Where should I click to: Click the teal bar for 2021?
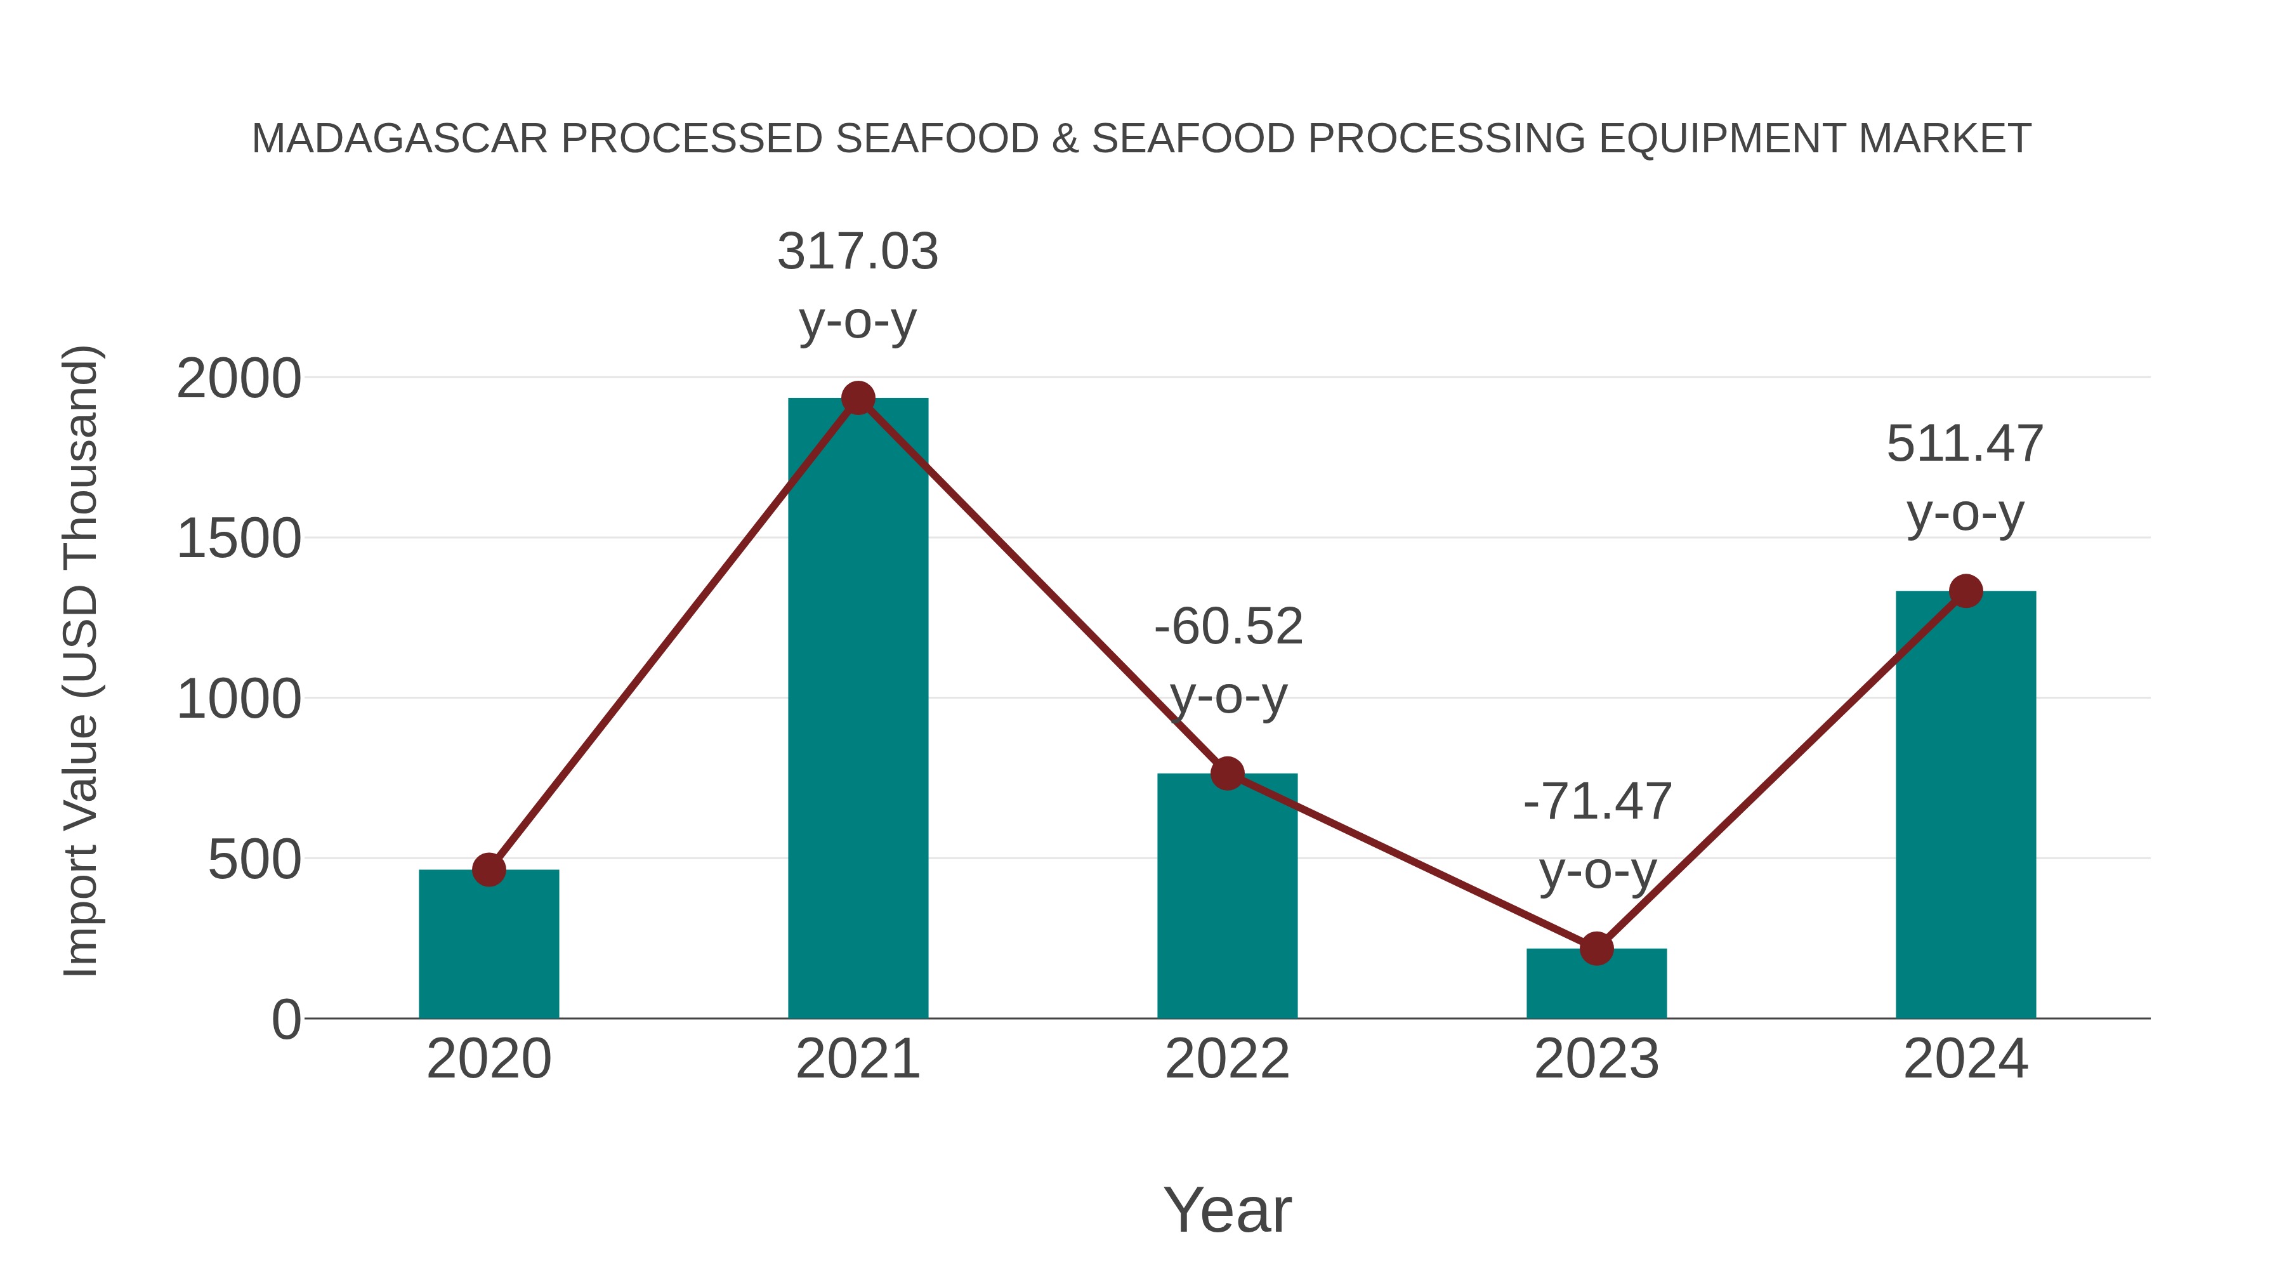(x=857, y=709)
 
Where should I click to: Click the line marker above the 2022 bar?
(x=1227, y=774)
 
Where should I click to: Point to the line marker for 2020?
(x=489, y=870)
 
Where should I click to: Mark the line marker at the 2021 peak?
(x=857, y=398)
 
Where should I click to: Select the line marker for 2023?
(x=1596, y=949)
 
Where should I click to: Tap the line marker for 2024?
(x=1966, y=591)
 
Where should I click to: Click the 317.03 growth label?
(x=857, y=252)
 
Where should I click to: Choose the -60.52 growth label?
(x=1228, y=627)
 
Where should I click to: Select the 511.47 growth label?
(x=1965, y=444)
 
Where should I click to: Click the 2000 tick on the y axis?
(x=239, y=379)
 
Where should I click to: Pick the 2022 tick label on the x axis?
(x=1227, y=1059)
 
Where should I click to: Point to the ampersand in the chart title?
(x=1065, y=139)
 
